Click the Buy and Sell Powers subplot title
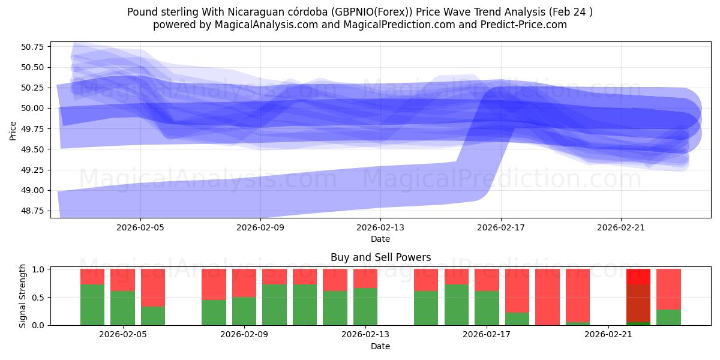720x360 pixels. click(x=380, y=257)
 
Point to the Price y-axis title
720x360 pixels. click(x=13, y=130)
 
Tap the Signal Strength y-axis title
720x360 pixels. click(x=22, y=296)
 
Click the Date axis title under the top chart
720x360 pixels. click(x=380, y=239)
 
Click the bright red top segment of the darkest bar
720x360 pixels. click(x=638, y=276)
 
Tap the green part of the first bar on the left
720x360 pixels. click(x=92, y=305)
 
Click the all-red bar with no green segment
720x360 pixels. click(x=547, y=297)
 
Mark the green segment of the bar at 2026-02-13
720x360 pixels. click(x=365, y=307)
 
